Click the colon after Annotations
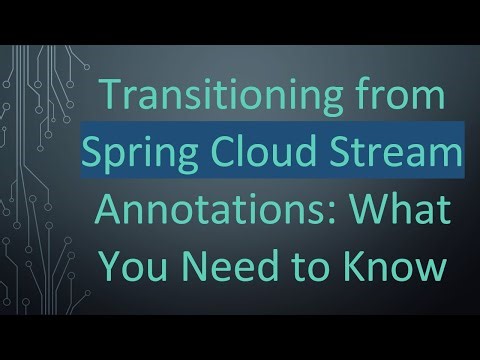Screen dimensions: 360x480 point(331,216)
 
